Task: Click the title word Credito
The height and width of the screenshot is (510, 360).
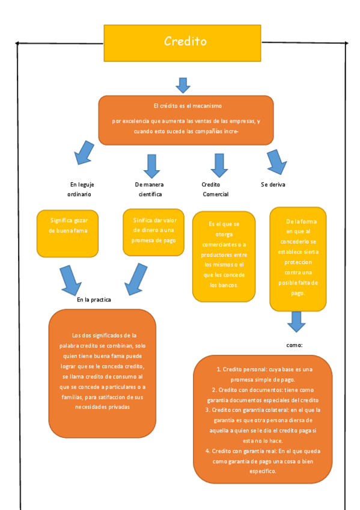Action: (185, 41)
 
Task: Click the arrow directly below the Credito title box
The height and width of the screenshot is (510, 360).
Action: (183, 85)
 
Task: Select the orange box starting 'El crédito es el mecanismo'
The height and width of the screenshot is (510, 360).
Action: (186, 120)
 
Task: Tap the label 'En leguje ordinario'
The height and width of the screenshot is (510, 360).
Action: (82, 189)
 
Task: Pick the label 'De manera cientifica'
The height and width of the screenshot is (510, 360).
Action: (150, 189)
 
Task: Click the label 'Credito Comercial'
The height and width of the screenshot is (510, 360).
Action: (215, 189)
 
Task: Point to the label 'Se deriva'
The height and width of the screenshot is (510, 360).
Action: (273, 185)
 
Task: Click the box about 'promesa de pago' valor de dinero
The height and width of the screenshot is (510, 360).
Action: (154, 232)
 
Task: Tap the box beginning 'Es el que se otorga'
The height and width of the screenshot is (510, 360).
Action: (224, 256)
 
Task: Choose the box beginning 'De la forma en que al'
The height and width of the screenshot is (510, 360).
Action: (297, 258)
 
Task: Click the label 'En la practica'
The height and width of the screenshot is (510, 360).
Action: (94, 300)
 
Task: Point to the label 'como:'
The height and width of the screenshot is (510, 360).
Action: (294, 346)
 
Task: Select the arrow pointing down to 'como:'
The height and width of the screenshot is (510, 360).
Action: (296, 321)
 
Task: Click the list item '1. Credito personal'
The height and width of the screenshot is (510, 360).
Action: (264, 375)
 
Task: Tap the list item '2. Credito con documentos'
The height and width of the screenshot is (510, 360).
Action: (264, 395)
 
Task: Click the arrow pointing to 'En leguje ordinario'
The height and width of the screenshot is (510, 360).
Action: (83, 153)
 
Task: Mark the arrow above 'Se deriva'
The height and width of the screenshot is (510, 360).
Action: (276, 161)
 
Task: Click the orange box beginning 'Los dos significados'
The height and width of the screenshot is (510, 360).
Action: (102, 373)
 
